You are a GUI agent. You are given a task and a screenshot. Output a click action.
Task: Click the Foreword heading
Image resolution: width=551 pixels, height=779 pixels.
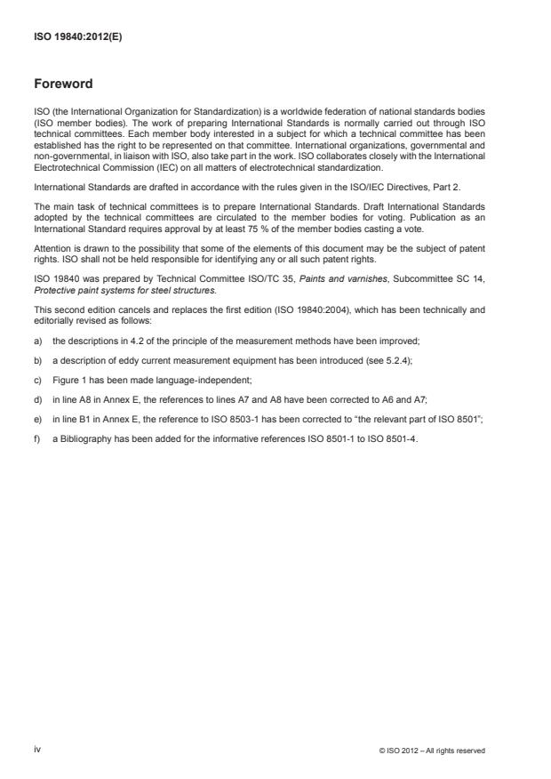[x=62, y=84]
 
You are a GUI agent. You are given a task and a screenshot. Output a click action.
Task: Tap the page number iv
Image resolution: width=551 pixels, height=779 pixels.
[x=37, y=750]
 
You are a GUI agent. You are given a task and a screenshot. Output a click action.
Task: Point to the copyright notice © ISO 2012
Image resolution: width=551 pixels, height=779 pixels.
[x=431, y=751]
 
